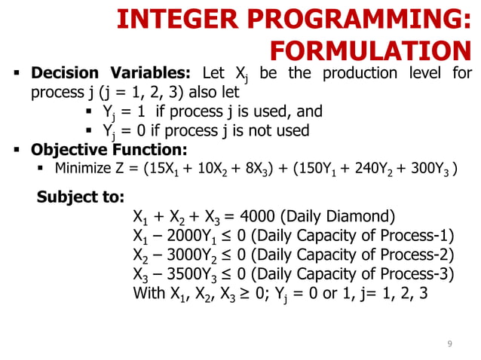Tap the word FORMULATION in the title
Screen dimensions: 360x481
(370, 50)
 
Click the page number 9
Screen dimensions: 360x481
(449, 344)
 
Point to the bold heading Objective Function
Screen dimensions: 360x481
(109, 148)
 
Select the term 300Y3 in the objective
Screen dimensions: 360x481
(429, 168)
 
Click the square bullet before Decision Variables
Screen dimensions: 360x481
(15, 75)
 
